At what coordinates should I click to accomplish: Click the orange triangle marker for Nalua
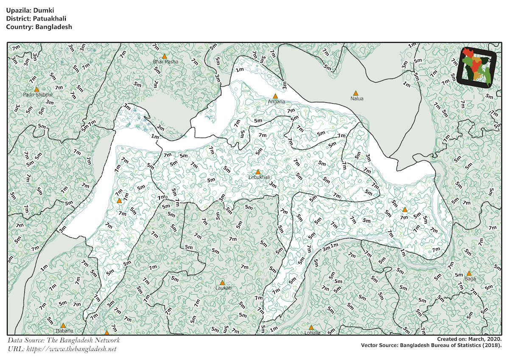tap(356, 93)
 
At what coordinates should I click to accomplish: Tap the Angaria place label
tap(276, 102)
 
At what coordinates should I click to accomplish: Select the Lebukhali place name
tap(259, 177)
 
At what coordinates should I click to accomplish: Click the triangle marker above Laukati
tap(222, 282)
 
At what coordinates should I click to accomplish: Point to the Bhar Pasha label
tap(166, 62)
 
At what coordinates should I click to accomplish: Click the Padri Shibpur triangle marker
tap(37, 89)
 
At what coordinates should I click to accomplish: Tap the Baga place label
tap(470, 279)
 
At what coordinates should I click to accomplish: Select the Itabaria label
tap(64, 331)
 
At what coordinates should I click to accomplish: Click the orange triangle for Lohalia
tap(311, 327)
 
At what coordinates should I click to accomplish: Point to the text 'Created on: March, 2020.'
tap(469, 339)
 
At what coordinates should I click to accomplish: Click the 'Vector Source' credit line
tap(431, 345)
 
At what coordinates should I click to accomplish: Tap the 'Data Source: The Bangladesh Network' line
tap(64, 340)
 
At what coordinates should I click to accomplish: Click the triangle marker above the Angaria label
tap(275, 96)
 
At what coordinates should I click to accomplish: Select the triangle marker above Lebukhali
tap(258, 172)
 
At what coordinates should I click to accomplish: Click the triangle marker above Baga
tap(469, 273)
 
